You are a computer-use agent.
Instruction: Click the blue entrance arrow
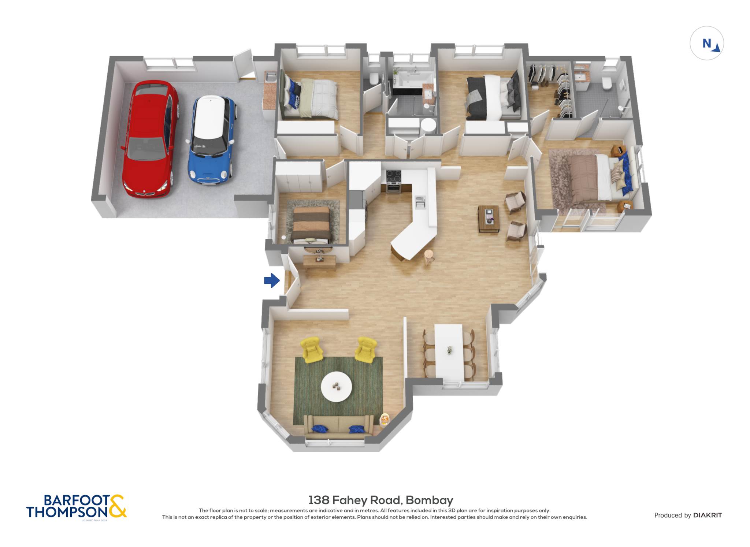272,281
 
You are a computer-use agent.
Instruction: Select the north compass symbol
707,43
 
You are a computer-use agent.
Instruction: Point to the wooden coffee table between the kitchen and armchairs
489,218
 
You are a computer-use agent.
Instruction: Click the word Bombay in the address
430,500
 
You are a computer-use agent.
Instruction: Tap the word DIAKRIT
708,515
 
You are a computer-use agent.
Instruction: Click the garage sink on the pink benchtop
271,77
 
